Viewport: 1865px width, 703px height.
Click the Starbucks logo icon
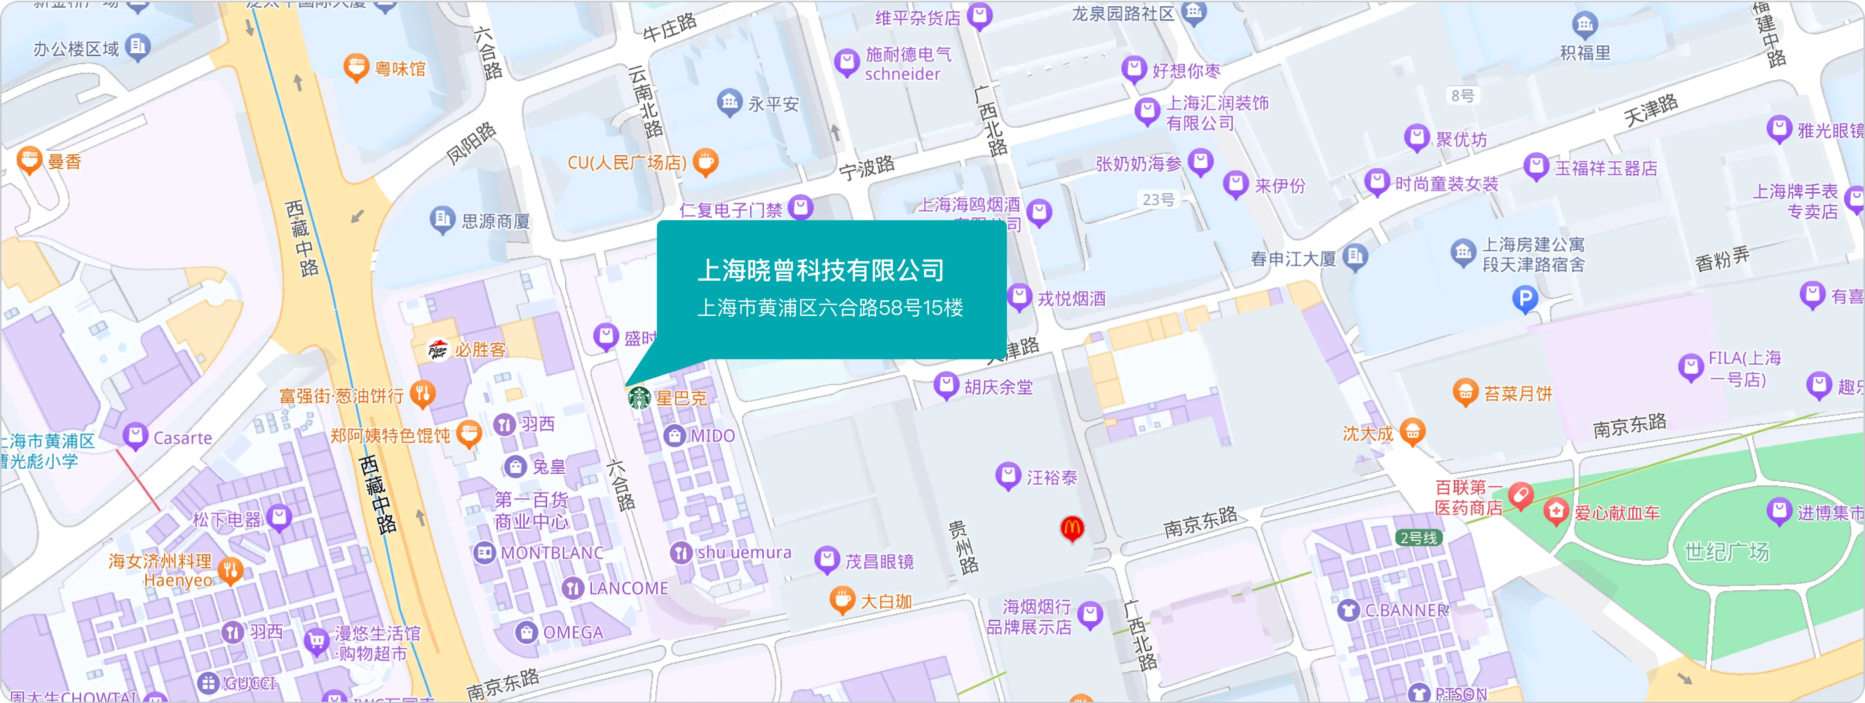[638, 398]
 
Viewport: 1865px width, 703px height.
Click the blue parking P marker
[1525, 298]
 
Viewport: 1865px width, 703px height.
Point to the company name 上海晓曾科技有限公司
[820, 270]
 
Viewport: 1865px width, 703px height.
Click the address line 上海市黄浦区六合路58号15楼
[830, 309]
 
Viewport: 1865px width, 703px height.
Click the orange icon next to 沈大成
[1412, 432]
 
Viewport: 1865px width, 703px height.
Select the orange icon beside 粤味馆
[356, 68]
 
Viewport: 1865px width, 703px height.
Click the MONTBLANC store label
[552, 553]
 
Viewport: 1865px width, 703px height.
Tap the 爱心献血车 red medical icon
[1555, 513]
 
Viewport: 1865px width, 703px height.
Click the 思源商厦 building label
[495, 221]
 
